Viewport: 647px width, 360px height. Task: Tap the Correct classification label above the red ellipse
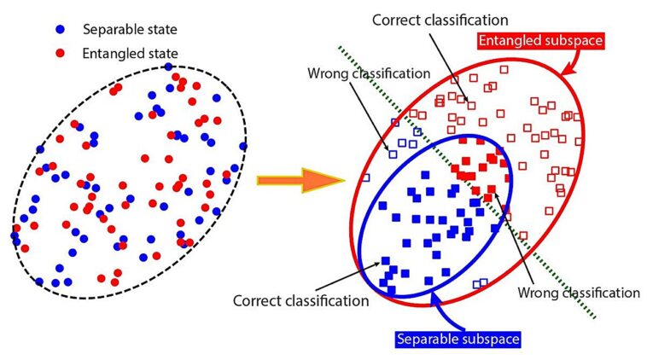click(440, 18)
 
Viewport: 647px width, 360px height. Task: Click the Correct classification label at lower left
click(300, 300)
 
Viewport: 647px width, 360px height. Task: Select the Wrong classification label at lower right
click(579, 292)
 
